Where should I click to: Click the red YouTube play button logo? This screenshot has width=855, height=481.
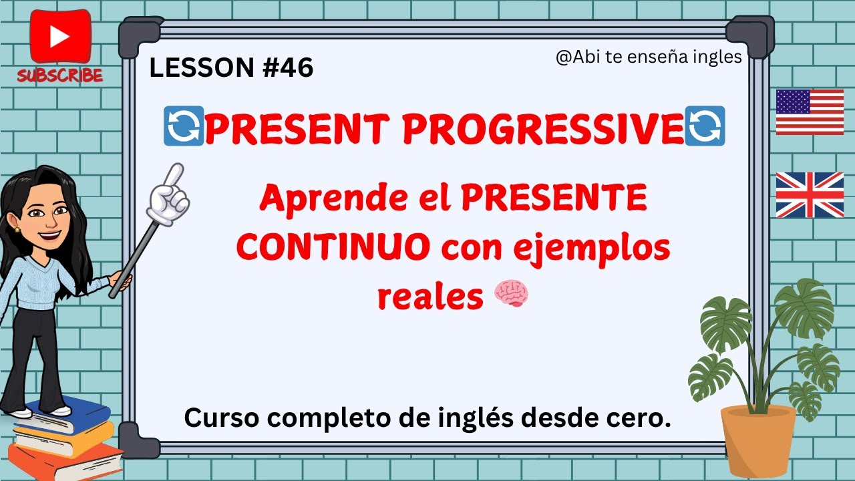tap(60, 37)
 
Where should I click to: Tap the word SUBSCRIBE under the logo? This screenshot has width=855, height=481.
tap(60, 75)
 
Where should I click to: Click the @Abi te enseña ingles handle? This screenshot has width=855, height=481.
tap(649, 57)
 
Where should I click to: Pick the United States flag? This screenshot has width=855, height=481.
tap(810, 112)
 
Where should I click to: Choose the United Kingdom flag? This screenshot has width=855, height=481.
tap(810, 195)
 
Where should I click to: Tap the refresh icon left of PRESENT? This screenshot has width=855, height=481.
tap(183, 130)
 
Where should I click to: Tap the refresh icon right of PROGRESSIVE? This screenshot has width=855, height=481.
tap(705, 130)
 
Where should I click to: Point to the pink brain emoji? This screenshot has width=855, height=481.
tap(511, 294)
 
